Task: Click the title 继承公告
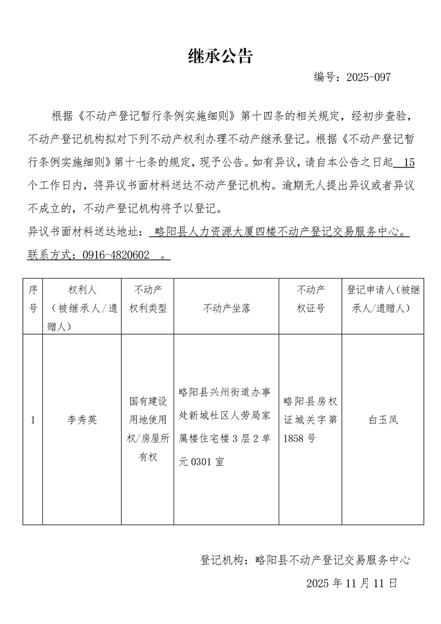coord(220,56)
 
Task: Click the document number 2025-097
coord(368,77)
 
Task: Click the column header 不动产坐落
coord(227,308)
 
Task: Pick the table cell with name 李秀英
coord(82,420)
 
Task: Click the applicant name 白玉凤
coord(383,420)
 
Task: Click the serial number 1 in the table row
coord(33,420)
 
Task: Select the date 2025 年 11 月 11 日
coord(352,583)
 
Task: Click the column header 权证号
coord(311,308)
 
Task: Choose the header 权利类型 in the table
coord(147,308)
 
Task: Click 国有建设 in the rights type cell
coord(147,401)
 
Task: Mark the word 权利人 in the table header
coord(82,290)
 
